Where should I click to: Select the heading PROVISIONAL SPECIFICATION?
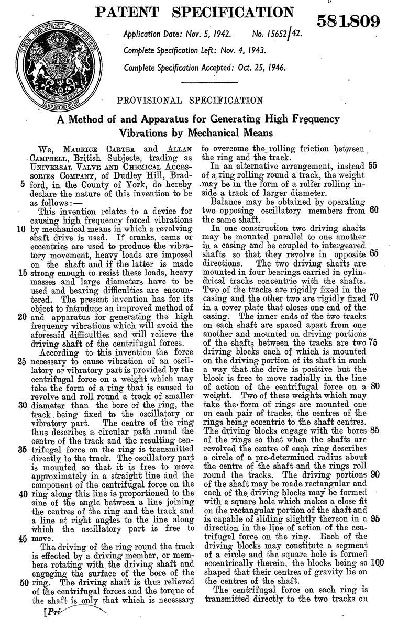190,100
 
